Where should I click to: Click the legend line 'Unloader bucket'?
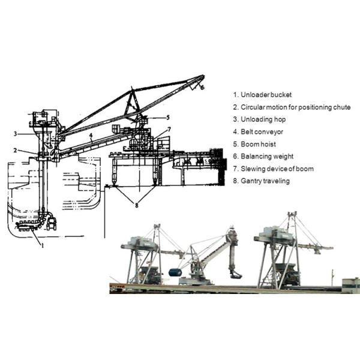[262, 95]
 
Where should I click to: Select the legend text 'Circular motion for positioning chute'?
[292, 107]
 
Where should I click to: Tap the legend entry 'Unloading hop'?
[259, 119]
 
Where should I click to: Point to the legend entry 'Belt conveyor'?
[258, 132]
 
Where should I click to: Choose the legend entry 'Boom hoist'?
[254, 144]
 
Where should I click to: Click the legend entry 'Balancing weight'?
[263, 157]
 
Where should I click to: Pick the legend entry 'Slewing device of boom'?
[273, 169]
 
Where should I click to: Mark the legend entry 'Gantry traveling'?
[261, 181]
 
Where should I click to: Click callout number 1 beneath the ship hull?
[43, 245]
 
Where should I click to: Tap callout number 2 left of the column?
[15, 151]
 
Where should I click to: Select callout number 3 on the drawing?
[15, 133]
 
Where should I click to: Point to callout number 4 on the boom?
[91, 136]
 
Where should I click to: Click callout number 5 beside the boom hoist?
[168, 118]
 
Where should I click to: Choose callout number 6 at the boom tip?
[202, 88]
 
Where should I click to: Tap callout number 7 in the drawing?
[169, 130]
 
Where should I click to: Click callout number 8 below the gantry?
[137, 205]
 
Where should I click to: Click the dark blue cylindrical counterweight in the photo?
[175, 273]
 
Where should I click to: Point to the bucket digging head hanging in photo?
[235, 274]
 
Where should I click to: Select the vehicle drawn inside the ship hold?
[51, 224]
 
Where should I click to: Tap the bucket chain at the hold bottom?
[27, 226]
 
